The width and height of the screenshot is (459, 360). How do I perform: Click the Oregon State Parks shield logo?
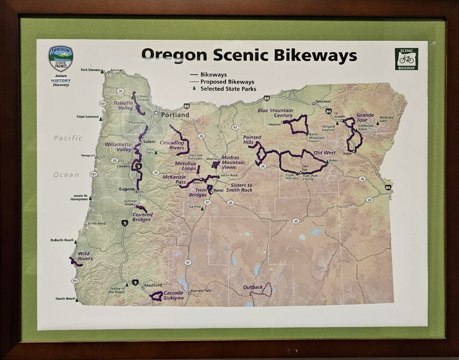(61, 58)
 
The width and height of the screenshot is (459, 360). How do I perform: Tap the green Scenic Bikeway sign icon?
(406, 59)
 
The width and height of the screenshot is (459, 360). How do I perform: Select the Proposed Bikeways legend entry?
(227, 82)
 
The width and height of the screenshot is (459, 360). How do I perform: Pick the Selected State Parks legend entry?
(228, 89)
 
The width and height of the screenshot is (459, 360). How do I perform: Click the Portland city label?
(175, 115)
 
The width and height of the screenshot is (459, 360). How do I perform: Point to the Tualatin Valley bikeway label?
(123, 105)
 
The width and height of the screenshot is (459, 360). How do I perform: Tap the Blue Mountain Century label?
(275, 113)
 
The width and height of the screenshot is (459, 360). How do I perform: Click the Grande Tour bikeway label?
(365, 117)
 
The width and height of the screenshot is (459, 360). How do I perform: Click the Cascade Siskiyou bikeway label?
(173, 295)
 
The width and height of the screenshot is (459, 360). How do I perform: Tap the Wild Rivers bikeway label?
(85, 256)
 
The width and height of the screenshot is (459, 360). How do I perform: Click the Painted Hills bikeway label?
(252, 140)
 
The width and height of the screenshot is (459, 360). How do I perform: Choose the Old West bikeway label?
(325, 153)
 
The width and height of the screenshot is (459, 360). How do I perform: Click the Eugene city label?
(126, 189)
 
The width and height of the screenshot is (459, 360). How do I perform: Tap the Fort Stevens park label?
(90, 70)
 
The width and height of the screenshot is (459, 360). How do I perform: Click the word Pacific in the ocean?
(68, 138)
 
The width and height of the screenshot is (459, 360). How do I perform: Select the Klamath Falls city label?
(200, 291)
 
